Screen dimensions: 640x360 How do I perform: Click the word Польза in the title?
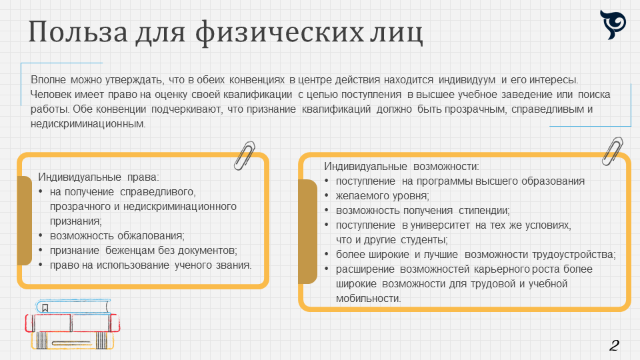click(x=78, y=32)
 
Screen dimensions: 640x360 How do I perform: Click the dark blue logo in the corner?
click(x=613, y=25)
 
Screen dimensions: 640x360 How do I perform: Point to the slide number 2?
click(x=614, y=345)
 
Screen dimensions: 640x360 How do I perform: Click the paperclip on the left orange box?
click(x=244, y=155)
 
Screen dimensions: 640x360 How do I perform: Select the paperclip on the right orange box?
click(x=612, y=151)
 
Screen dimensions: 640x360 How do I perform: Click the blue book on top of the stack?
click(x=73, y=307)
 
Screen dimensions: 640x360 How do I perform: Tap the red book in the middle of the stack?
click(x=73, y=323)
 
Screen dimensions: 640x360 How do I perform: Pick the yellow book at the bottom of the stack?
click(x=72, y=341)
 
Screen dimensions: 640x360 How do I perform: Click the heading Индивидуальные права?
click(x=99, y=177)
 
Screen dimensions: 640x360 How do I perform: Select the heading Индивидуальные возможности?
click(x=401, y=166)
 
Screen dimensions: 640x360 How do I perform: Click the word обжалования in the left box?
click(x=152, y=236)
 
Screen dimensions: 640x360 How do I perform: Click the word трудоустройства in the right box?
click(x=573, y=255)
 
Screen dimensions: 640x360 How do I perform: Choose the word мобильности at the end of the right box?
click(x=367, y=299)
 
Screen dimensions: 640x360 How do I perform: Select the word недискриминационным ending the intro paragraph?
click(x=87, y=124)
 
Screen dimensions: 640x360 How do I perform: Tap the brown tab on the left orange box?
click(x=25, y=221)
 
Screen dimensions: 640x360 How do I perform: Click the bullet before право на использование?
click(x=41, y=265)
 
